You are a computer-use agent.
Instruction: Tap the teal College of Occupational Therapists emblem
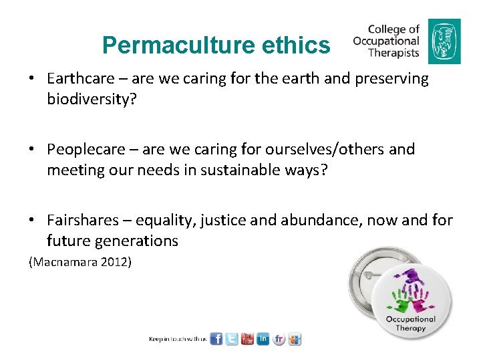click(x=444, y=41)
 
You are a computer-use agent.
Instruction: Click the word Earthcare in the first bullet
click(x=81, y=78)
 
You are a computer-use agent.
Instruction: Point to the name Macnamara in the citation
click(x=65, y=263)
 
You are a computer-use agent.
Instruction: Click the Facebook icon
click(x=216, y=339)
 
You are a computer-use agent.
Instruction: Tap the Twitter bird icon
click(x=232, y=339)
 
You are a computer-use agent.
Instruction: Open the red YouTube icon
click(x=248, y=339)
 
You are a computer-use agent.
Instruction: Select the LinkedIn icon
click(x=263, y=339)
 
